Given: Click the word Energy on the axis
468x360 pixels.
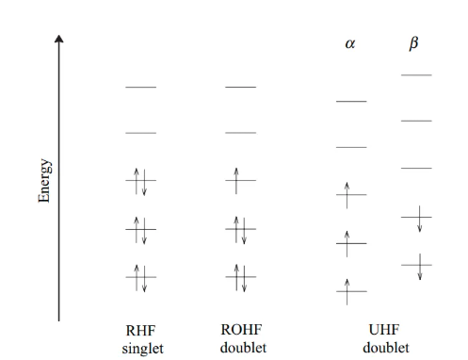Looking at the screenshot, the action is click(44, 181).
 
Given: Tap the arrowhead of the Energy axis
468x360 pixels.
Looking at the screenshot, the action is click(58, 39).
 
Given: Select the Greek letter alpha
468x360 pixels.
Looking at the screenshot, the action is click(350, 43).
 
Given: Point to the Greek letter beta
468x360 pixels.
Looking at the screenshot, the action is click(414, 43).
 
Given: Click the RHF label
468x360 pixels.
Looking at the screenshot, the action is click(140, 331).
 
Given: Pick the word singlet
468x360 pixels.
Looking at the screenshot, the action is click(143, 349).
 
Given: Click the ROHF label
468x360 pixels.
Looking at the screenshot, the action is click(241, 330).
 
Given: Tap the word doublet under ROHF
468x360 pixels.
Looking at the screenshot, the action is click(243, 348).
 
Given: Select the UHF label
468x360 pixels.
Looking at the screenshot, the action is click(384, 330).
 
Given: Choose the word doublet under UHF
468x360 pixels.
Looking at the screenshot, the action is click(386, 348).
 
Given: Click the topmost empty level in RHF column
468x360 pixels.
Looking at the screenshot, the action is click(141, 87).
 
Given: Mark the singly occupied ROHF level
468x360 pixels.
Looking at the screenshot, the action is click(241, 180).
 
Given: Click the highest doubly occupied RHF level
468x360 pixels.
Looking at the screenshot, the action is click(141, 180).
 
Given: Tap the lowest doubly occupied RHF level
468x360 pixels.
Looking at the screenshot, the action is click(141, 277).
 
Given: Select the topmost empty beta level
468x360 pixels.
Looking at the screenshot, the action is click(416, 75).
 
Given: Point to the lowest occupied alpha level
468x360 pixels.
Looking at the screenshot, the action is click(351, 291).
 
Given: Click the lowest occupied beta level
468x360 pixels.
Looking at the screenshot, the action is click(416, 265).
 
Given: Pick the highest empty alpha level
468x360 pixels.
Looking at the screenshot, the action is click(351, 102).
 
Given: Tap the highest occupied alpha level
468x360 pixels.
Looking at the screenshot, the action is click(351, 195).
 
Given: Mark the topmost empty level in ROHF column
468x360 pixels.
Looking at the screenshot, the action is click(241, 87).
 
